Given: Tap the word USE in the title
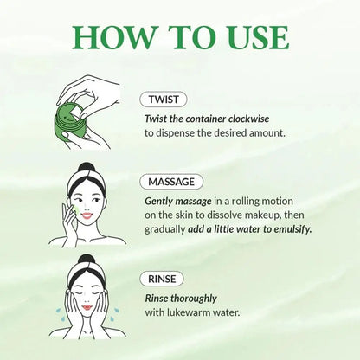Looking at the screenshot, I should point(254,37).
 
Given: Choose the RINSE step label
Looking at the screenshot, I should point(162,280).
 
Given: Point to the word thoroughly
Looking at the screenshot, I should point(197,297).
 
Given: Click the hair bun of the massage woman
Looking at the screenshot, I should point(86,170).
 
